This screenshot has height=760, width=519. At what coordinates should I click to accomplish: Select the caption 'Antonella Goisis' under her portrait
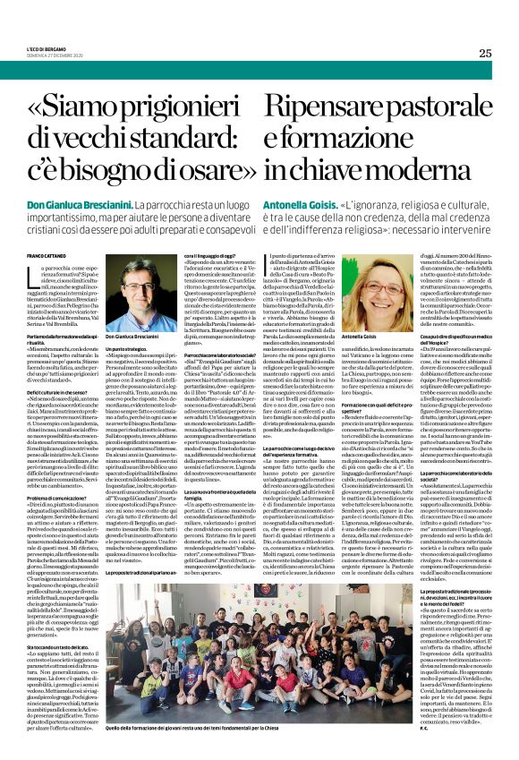365,336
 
